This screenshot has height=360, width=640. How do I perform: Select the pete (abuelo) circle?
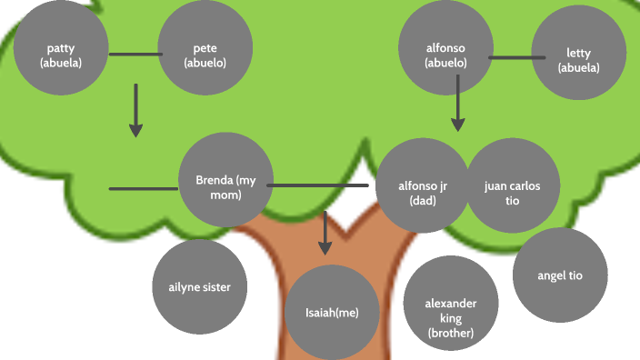pyautogui.click(x=205, y=55)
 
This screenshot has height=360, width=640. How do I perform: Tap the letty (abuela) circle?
pyautogui.click(x=578, y=60)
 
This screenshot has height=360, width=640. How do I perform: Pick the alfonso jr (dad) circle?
pyautogui.click(x=422, y=186)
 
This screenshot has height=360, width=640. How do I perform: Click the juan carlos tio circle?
pyautogui.click(x=511, y=186)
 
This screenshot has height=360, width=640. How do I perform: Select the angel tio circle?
pyautogui.click(x=560, y=275)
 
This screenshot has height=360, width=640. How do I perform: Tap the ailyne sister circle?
pyautogui.click(x=200, y=286)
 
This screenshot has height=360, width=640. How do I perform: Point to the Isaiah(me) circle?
pyautogui.click(x=332, y=312)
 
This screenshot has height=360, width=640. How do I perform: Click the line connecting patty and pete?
pyautogui.click(x=134, y=55)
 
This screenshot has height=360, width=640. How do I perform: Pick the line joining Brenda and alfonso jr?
pyautogui.click(x=318, y=185)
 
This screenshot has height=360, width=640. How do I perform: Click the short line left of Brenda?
pyautogui.click(x=143, y=189)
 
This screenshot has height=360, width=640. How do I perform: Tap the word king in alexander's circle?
pyautogui.click(x=450, y=318)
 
